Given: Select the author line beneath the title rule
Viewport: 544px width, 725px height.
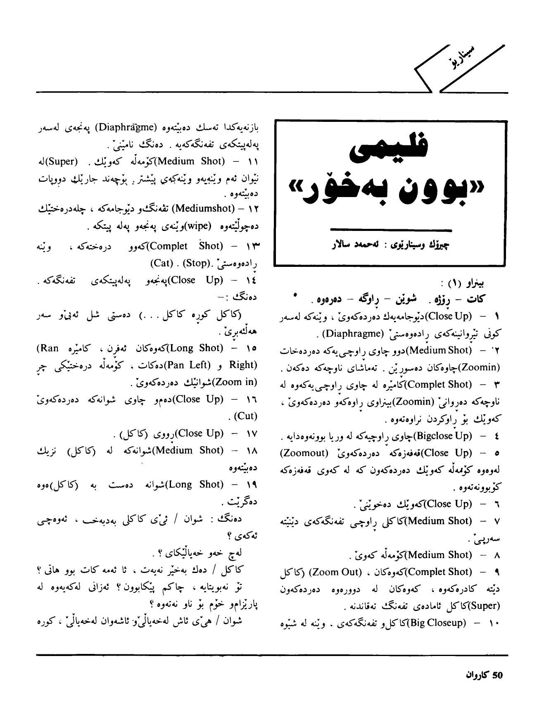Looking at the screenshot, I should point(391,245).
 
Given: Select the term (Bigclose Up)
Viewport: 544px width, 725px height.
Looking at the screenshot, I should point(442,435).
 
